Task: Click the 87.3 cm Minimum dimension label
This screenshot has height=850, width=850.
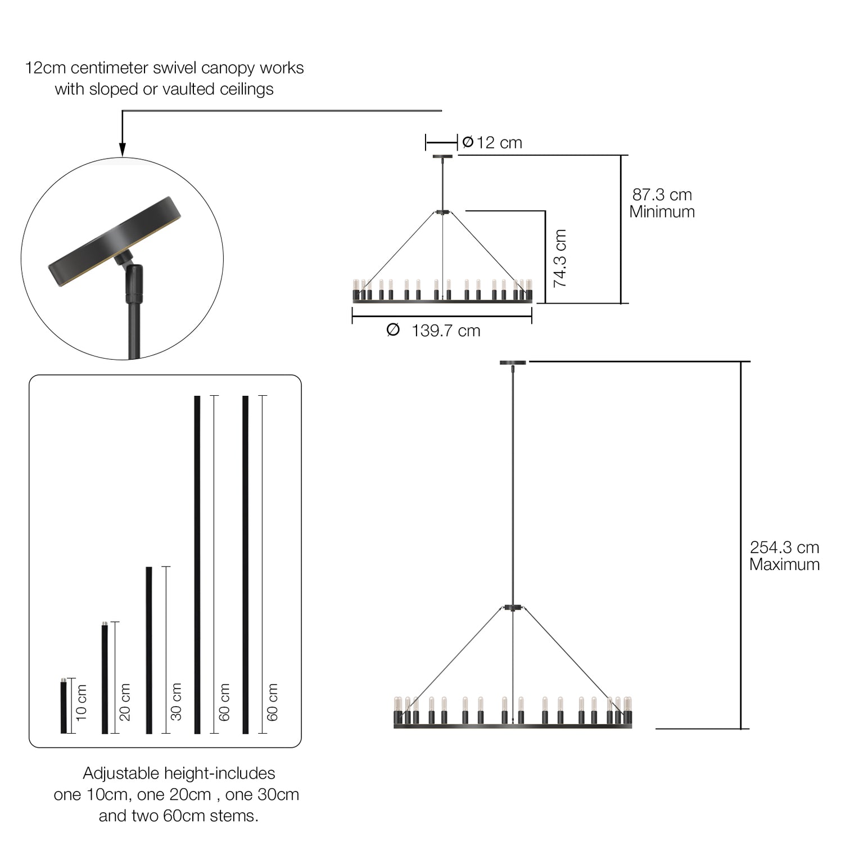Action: click(x=662, y=203)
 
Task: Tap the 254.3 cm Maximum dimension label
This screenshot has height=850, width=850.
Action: click(x=784, y=555)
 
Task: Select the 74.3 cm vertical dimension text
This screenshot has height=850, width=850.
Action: click(x=560, y=259)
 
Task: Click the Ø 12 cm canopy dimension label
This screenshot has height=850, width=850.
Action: click(x=492, y=143)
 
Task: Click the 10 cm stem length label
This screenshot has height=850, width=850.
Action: click(x=82, y=702)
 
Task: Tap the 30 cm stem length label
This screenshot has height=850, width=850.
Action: click(x=176, y=702)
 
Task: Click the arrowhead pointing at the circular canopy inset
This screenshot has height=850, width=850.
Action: click(x=123, y=149)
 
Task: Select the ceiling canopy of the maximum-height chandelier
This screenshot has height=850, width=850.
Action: click(x=513, y=363)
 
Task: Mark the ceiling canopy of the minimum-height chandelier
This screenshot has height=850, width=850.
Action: click(x=443, y=156)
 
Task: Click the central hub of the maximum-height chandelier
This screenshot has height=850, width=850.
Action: click(x=513, y=608)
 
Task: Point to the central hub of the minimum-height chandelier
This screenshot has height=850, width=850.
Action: click(x=443, y=212)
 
